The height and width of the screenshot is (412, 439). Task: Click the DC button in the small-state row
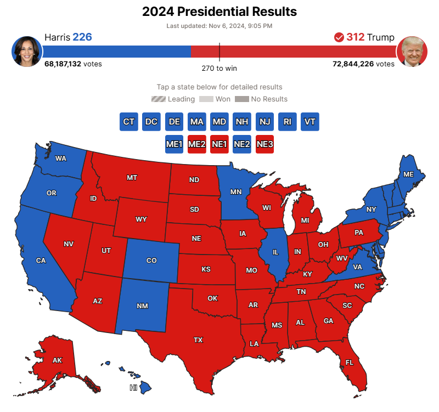[151, 122]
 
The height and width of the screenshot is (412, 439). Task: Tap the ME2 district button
[197, 144]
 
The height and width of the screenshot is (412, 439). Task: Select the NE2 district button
[242, 144]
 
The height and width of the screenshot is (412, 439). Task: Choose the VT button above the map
[310, 122]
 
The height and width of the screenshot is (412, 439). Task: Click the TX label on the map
[198, 340]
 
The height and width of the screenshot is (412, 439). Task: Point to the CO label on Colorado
[151, 261]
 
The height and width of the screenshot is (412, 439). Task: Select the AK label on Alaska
[57, 360]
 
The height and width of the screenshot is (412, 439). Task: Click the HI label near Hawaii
[133, 388]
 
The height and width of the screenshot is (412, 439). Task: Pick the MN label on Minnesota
[236, 192]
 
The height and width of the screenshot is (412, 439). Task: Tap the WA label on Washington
[61, 159]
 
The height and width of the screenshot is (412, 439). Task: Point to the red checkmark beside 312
[339, 37]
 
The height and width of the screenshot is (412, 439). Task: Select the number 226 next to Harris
[82, 37]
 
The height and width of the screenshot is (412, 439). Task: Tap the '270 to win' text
[219, 69]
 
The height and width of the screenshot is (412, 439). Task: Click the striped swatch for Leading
[159, 99]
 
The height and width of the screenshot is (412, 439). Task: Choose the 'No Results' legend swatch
[241, 99]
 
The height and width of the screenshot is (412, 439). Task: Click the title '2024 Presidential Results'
[219, 12]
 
